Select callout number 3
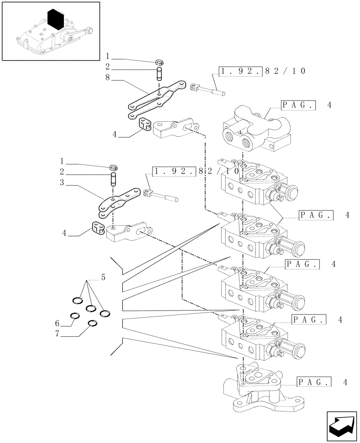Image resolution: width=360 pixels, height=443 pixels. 62,182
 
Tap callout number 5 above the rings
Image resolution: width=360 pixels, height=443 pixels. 103,278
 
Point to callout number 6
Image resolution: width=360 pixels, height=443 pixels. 57,323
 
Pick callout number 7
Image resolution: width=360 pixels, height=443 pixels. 57,333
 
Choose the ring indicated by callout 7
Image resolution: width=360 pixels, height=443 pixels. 93,323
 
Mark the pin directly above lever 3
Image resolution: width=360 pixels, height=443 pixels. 113,180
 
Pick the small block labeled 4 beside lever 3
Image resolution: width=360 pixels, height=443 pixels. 98,227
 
